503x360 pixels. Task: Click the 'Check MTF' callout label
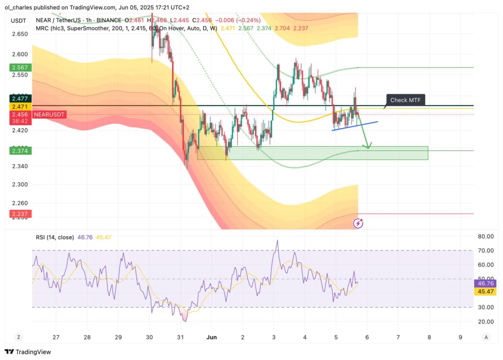pos(406,100)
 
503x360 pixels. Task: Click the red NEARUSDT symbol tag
pos(49,114)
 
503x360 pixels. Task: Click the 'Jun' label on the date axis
pos(212,337)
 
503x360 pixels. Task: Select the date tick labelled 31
pos(180,337)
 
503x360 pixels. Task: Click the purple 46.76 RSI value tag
pos(486,283)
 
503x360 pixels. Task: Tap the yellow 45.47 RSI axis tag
pos(486,292)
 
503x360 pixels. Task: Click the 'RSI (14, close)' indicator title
pos(55,237)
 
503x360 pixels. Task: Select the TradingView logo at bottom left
pos(28,352)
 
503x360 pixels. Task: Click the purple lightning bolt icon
pos(359,223)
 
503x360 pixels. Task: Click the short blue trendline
pos(355,126)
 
